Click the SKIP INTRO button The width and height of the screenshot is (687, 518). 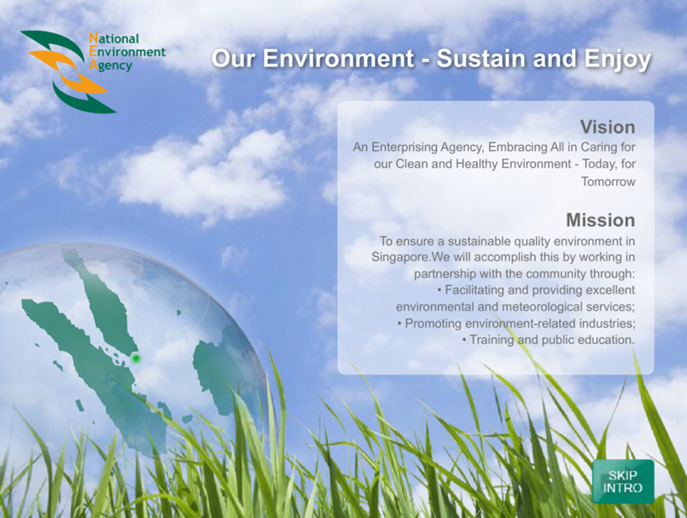[623, 481]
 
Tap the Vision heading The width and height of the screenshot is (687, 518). [608, 127]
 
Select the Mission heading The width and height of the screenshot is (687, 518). [600, 220]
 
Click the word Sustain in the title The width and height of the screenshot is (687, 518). [484, 58]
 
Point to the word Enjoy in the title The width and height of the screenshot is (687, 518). [617, 60]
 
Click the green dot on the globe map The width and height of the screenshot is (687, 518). [136, 358]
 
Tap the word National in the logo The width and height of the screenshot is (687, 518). [114, 38]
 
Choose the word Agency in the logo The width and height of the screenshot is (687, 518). [110, 66]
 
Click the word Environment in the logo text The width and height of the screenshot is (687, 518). [127, 52]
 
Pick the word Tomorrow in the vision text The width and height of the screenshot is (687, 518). [608, 182]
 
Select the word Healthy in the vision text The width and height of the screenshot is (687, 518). [476, 165]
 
